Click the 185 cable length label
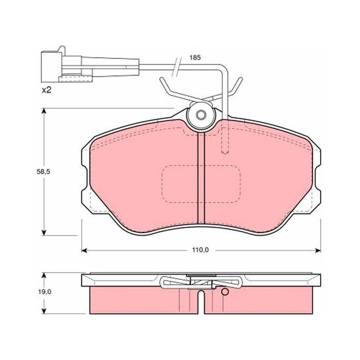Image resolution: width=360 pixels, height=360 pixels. pos(195,58)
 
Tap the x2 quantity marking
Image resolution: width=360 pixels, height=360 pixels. pos(46,90)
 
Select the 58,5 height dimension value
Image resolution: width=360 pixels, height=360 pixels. pos(43,171)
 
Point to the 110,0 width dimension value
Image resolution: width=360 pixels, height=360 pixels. pos(201,250)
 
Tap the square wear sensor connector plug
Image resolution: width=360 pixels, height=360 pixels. pos(51,67)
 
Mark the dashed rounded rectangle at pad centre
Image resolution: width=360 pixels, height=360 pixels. pos(201,184)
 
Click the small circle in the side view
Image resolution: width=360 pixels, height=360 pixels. pos(225,292)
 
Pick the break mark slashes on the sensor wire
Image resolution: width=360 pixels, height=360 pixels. pos(176,67)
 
